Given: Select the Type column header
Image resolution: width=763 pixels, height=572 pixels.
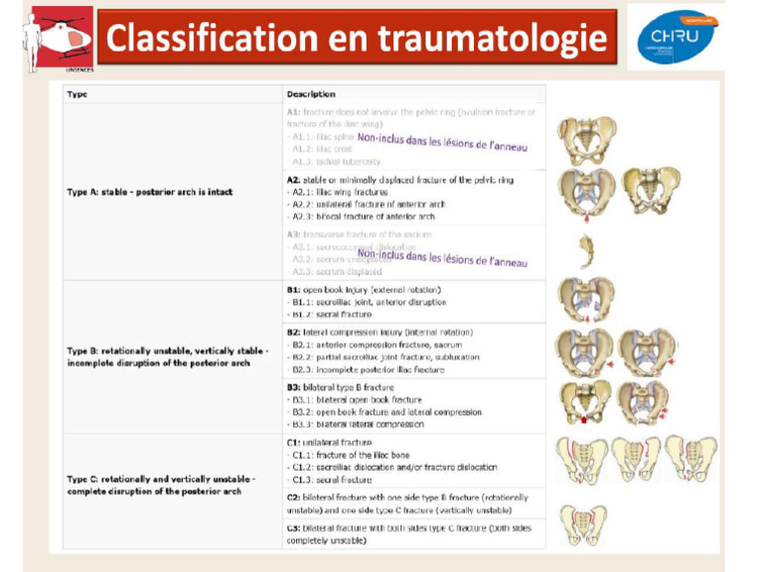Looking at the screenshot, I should pyautogui.click(x=76, y=94).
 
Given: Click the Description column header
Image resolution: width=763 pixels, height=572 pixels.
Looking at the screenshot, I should pyautogui.click(x=311, y=94).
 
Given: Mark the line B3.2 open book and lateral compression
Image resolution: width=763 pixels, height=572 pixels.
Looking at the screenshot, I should pyautogui.click(x=386, y=412).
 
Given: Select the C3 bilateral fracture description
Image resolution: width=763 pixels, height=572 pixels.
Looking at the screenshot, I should pyautogui.click(x=407, y=534).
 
